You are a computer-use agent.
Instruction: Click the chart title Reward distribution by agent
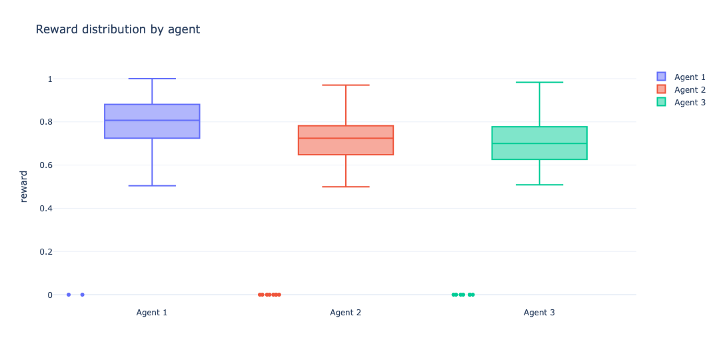tap(117, 29)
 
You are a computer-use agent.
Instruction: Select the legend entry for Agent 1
tap(689, 77)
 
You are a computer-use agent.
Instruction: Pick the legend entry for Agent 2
tap(689, 89)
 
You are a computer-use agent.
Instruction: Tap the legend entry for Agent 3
tap(689, 102)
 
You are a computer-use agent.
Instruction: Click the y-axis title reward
tap(24, 186)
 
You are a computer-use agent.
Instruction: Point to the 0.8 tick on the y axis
tap(44, 122)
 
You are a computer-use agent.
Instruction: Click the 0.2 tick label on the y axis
tap(44, 251)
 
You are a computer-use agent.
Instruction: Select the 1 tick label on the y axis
tap(49, 79)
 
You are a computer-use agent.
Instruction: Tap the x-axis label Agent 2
tap(346, 312)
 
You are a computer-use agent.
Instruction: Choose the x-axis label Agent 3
tap(539, 312)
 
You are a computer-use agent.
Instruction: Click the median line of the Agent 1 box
tap(152, 121)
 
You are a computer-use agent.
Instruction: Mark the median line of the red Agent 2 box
tap(346, 138)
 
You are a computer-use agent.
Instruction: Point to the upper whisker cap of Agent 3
tap(539, 82)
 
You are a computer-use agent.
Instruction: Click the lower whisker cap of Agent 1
tap(152, 185)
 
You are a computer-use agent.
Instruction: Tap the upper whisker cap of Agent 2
tap(346, 85)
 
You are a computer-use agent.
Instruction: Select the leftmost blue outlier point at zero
tap(69, 294)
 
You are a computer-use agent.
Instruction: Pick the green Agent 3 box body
tap(539, 151)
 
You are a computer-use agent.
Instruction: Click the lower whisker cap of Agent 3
tap(539, 184)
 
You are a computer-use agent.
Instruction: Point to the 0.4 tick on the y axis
tap(44, 208)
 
